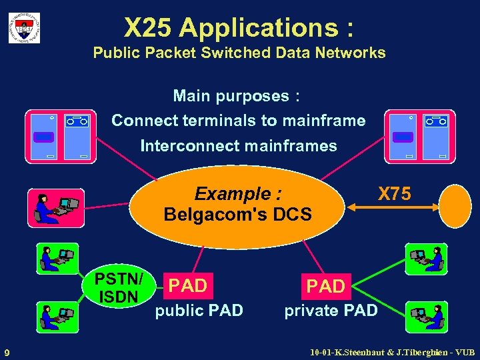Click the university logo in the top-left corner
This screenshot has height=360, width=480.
[24, 27]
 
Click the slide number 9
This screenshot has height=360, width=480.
[7, 352]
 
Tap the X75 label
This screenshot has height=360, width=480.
[394, 194]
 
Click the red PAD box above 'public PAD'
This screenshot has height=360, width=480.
[187, 286]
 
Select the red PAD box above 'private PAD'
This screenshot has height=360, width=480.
[325, 287]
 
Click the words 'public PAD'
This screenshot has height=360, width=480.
[199, 310]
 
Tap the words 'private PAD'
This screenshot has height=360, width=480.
[331, 311]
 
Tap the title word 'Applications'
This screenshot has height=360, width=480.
[259, 27]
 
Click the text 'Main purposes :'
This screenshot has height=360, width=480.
[237, 96]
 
